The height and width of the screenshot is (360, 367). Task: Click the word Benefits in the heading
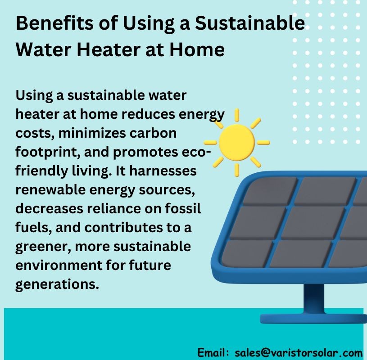pyautogui.click(x=54, y=23)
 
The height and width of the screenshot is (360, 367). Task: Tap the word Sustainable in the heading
pyautogui.click(x=250, y=23)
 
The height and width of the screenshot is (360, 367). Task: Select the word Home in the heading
pyautogui.click(x=197, y=49)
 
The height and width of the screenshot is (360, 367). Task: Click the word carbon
pyautogui.click(x=153, y=133)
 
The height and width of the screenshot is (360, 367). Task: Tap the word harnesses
pyautogui.click(x=163, y=171)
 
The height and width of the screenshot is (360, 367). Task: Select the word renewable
pyautogui.click(x=50, y=189)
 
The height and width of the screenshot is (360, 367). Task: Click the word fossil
pyautogui.click(x=183, y=208)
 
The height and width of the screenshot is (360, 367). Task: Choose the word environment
pyautogui.click(x=59, y=265)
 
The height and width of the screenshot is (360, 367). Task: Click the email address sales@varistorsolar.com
pyautogui.click(x=299, y=352)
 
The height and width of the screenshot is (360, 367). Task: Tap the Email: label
pyautogui.click(x=213, y=352)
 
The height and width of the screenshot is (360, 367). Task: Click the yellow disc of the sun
pyautogui.click(x=236, y=143)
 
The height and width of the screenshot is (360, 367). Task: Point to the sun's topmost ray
pyautogui.click(x=237, y=115)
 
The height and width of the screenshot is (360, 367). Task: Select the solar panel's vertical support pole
pyautogui.click(x=314, y=299)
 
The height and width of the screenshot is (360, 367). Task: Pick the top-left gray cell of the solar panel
pyautogui.click(x=270, y=191)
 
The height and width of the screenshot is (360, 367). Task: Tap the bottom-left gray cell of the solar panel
pyautogui.click(x=247, y=253)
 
